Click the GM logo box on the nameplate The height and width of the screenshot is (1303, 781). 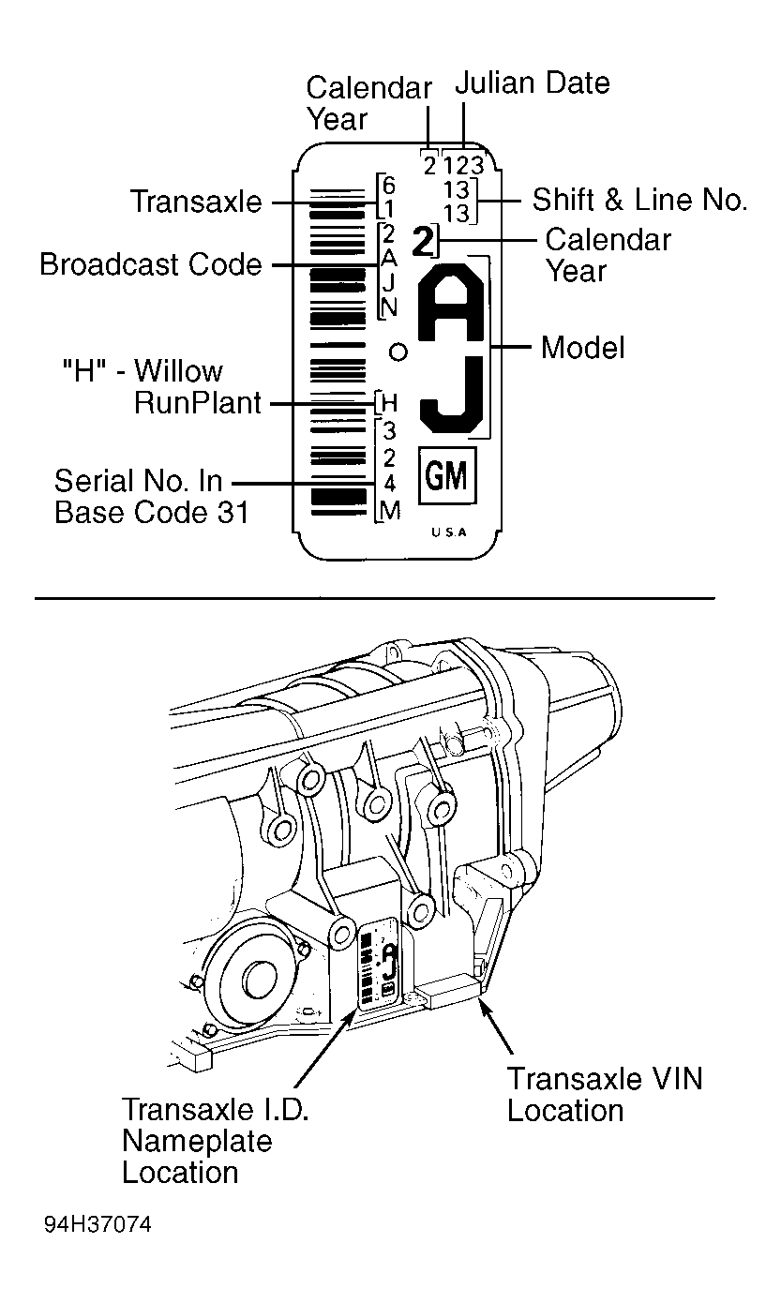coord(447,475)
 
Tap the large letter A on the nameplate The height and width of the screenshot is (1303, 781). coord(452,302)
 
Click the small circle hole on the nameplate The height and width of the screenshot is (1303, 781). coord(398,352)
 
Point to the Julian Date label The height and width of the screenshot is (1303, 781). coord(532,83)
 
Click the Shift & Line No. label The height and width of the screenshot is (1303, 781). coord(639,200)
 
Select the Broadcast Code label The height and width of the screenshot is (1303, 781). coord(151,264)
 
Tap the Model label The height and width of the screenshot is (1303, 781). coord(582,348)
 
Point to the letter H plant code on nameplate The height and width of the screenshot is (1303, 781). coord(389,402)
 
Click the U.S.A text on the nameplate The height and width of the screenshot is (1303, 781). coord(449,532)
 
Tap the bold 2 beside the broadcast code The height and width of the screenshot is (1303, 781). coord(423,242)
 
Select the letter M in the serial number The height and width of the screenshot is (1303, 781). coord(390,511)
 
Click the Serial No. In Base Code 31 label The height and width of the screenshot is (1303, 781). coord(151,497)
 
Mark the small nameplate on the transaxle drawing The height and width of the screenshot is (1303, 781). coord(379,965)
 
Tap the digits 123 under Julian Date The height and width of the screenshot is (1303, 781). coord(463,166)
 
